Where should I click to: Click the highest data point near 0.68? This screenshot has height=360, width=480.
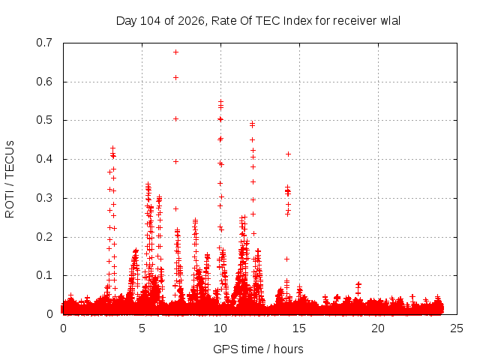coord(175,52)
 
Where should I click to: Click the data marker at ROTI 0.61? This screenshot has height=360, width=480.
coord(175,78)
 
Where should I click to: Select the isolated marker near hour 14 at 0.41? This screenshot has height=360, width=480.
coord(288,154)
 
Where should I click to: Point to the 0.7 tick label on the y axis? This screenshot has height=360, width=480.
coord(44,43)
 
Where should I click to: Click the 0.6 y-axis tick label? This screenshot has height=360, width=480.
coord(44,82)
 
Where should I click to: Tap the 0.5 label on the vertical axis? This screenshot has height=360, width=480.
coord(44,120)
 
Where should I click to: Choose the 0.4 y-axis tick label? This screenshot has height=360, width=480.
coord(44,159)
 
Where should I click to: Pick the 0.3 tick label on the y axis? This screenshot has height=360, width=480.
coord(44,198)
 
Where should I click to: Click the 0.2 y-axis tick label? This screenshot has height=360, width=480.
coord(44,237)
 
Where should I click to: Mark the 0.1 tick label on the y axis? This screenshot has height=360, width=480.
coord(44,275)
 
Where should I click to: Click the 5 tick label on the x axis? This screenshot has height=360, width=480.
coord(142,328)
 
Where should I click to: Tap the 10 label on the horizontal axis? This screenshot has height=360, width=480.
coord(220,328)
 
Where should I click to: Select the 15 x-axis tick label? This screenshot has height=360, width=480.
coord(299,328)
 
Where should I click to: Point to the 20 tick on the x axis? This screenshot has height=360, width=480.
coord(378,328)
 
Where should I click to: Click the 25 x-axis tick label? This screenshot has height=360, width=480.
coord(457,328)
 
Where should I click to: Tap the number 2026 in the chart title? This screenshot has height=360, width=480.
coord(191,21)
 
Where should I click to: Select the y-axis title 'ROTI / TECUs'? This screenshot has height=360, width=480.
coord(10,179)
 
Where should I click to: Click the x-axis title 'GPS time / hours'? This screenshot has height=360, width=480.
coord(258,349)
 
